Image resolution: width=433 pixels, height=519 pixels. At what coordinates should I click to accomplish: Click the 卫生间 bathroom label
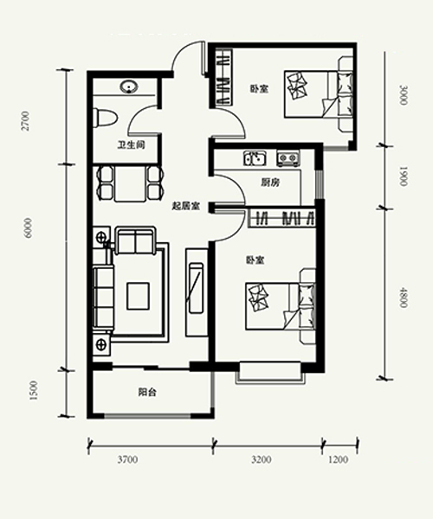pos(132,145)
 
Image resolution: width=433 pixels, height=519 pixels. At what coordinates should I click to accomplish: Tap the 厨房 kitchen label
pos(270,183)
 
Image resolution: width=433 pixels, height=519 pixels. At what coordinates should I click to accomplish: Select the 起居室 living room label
pos(185,206)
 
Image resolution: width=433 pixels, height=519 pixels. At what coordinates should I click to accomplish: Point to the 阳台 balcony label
pos(147,393)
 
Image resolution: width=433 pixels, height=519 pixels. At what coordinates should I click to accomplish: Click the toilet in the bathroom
pos(105,118)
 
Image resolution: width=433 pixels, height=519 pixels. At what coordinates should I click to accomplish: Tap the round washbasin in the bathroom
pos(128,87)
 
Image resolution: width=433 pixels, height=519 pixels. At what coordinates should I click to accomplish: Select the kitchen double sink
pos(255,158)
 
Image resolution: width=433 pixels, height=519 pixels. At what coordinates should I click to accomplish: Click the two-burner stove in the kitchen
pos(288,158)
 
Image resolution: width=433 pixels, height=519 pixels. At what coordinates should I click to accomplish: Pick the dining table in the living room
pos(130,183)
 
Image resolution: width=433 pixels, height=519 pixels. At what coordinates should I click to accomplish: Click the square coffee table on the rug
pos(138,296)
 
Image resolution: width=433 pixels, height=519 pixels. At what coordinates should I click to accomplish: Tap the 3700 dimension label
pos(127,460)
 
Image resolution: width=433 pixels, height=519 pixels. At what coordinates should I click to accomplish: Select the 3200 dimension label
pos(262,460)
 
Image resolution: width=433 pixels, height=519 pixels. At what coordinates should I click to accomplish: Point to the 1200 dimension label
pos(339,460)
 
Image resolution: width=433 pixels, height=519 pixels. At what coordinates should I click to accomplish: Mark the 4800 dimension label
pos(403,298)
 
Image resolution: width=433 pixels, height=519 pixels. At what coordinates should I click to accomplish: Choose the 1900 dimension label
pos(403,176)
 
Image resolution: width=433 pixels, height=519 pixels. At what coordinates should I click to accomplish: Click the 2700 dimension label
pos(25,121)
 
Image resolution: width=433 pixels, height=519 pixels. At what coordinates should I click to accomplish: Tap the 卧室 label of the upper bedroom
pos(259,89)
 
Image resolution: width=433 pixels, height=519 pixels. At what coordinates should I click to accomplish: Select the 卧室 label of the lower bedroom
pos(255,260)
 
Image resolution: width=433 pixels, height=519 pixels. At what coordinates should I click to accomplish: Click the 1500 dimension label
pos(34,390)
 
